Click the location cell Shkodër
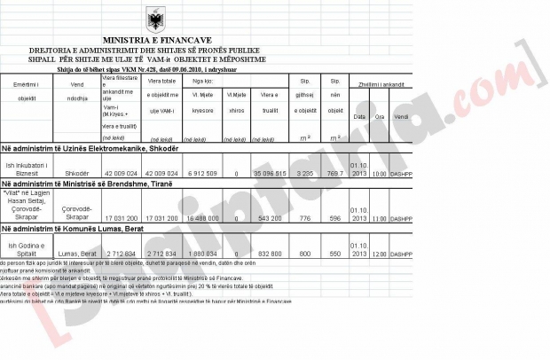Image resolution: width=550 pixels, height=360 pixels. [76, 175]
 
